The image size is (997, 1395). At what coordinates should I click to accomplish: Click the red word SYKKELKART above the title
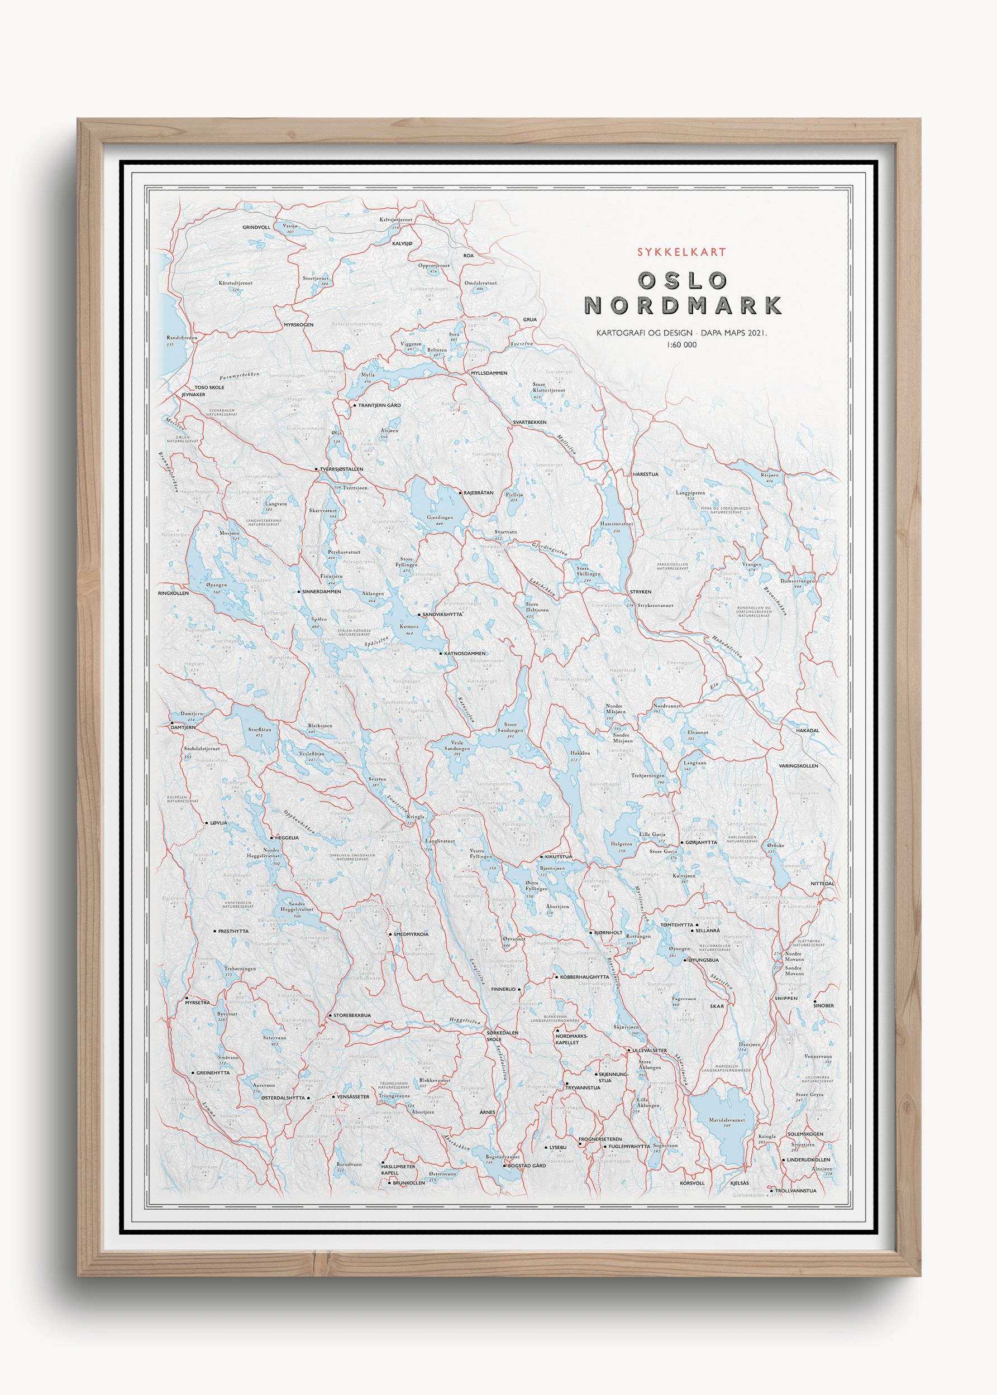point(681,252)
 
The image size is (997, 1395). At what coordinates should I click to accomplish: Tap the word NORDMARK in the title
point(682,305)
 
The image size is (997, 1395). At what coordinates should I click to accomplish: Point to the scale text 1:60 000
point(681,345)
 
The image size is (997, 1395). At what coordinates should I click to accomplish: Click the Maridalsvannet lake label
point(727,1120)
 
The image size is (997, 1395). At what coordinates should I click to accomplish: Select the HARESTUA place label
point(645,474)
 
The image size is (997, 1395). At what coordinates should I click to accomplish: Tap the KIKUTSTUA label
point(558,856)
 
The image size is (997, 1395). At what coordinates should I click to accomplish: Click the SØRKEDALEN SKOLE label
point(502,1036)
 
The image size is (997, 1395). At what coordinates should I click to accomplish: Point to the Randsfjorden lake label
point(182,337)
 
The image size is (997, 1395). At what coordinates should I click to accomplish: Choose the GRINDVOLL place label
point(256,227)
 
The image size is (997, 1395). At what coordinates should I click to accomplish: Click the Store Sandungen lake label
point(510,727)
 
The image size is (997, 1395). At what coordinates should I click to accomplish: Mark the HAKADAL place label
point(807,731)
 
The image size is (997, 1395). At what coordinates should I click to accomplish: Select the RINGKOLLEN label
point(173,593)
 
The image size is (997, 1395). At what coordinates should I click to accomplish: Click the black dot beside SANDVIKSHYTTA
point(419,614)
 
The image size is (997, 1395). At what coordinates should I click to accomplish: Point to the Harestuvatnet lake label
point(617,524)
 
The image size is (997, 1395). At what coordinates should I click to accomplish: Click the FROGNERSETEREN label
point(600,1139)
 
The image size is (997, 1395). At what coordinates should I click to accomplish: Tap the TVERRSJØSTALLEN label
point(341,469)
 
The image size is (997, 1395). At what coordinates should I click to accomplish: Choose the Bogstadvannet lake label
point(502,1157)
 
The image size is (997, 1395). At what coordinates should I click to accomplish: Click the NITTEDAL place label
point(822,883)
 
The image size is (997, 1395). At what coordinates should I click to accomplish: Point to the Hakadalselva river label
point(727,646)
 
